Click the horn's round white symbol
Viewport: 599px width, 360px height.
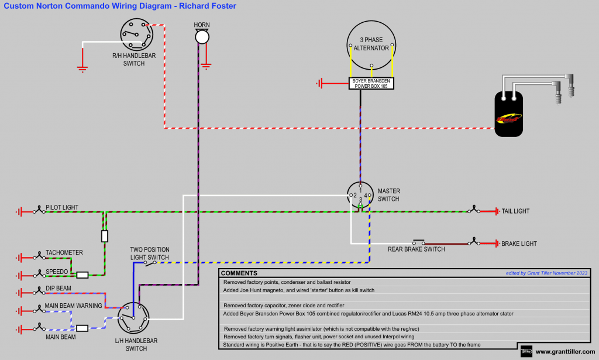[x=202, y=37]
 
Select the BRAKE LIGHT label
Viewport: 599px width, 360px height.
[x=519, y=244]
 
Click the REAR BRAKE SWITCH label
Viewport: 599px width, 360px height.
[x=416, y=249]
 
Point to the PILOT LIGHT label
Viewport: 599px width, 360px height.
[x=62, y=208]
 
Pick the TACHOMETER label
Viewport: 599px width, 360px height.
[x=64, y=253]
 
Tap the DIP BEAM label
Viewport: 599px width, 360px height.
[x=58, y=289]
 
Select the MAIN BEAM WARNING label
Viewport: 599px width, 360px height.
[x=73, y=306]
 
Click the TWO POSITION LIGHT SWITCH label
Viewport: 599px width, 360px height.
[x=149, y=253]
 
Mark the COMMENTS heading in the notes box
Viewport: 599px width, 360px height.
[x=239, y=273]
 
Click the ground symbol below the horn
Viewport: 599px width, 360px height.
[x=206, y=66]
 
